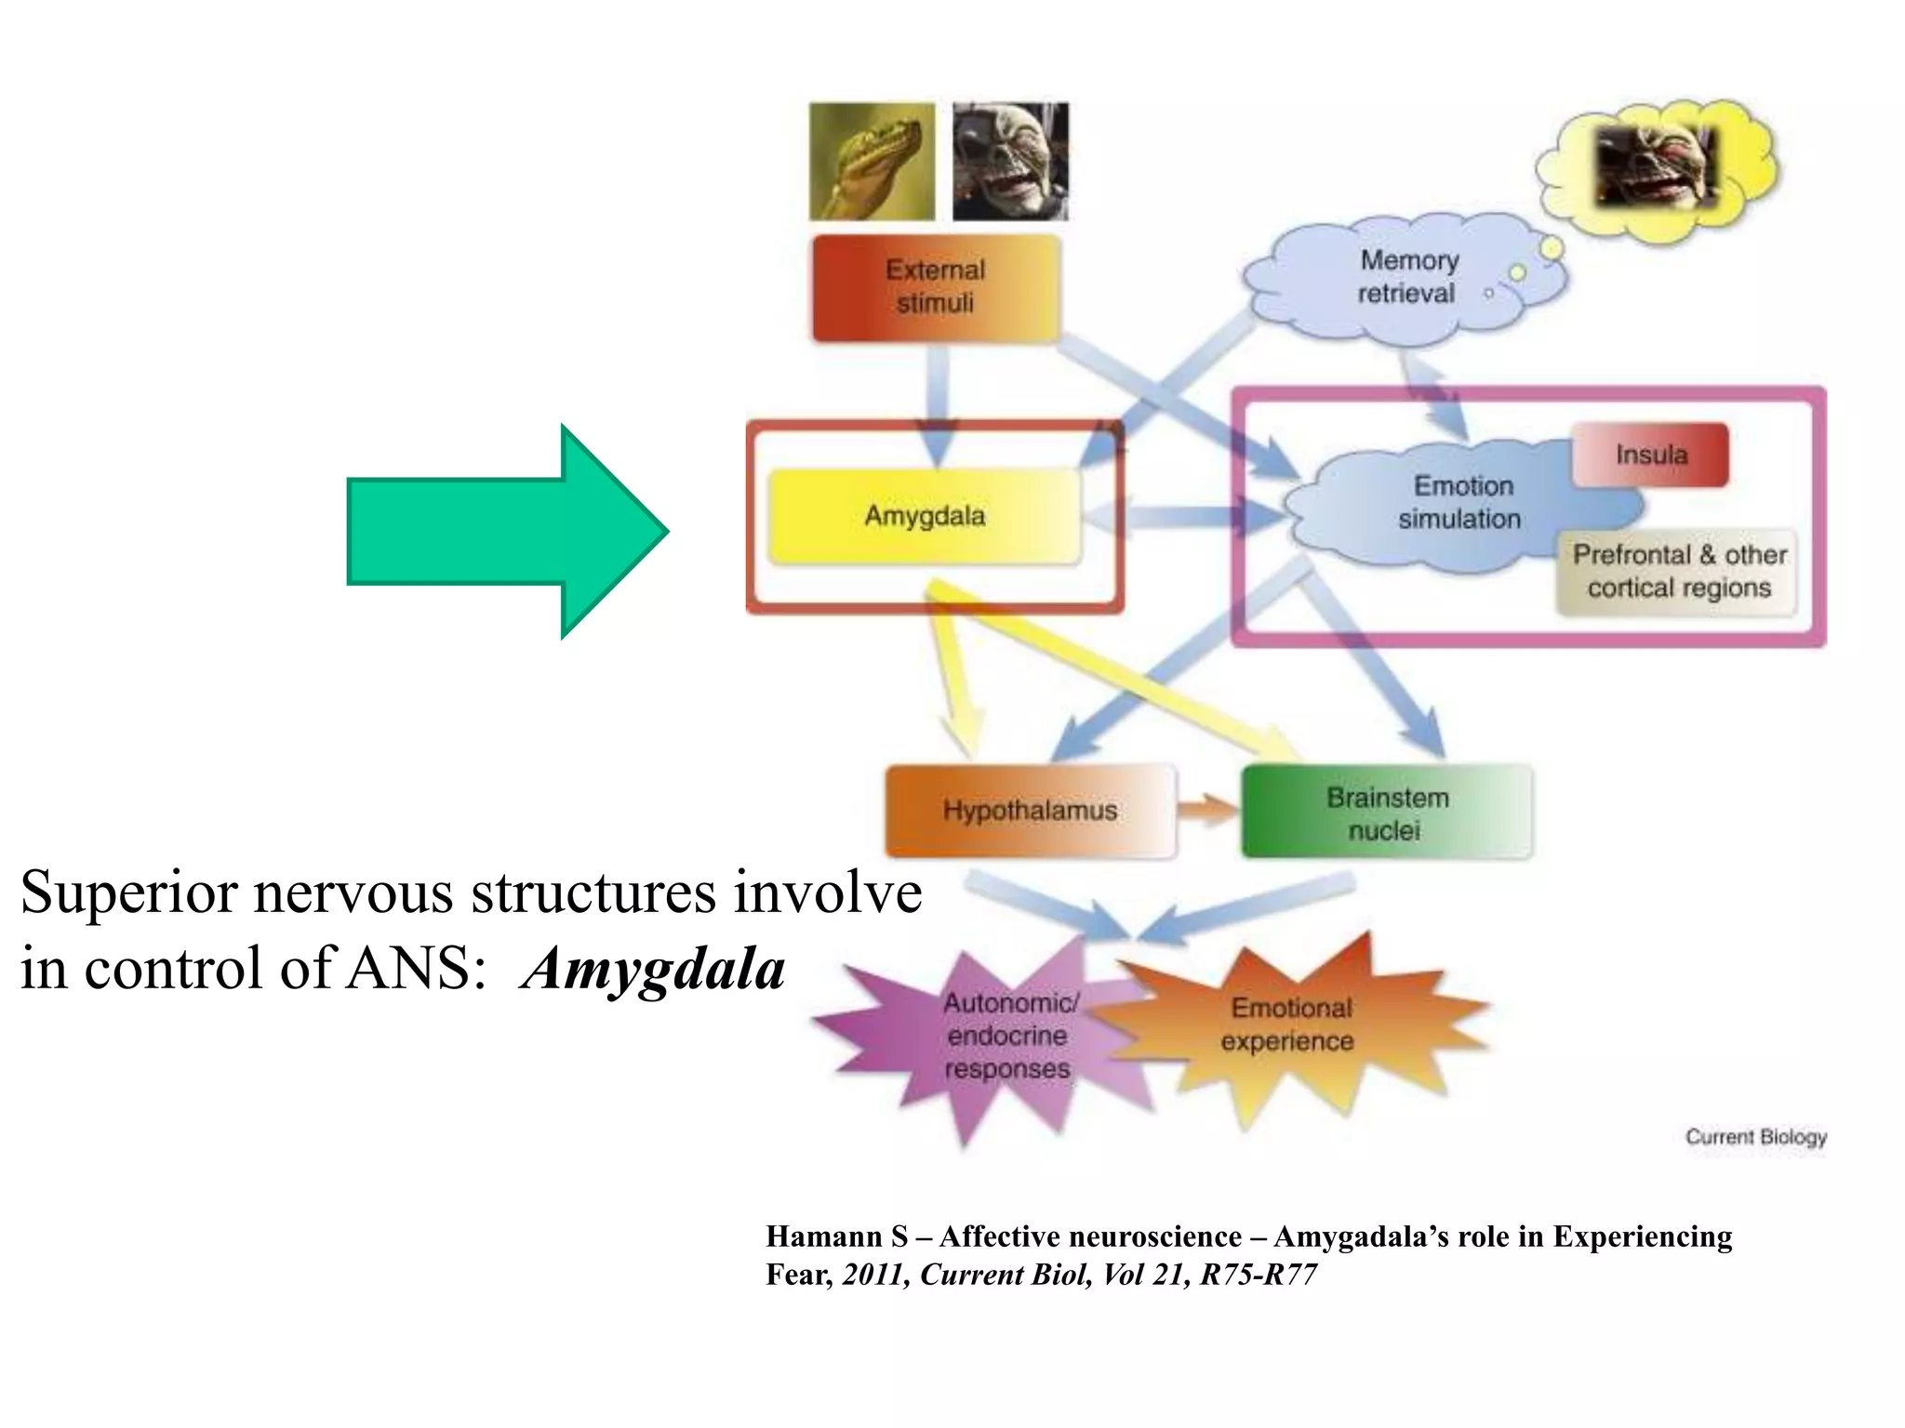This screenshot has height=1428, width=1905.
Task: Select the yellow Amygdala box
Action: pyautogui.click(x=925, y=516)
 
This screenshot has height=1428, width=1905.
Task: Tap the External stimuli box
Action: pyautogui.click(x=936, y=287)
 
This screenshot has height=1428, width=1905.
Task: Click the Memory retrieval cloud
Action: pyautogui.click(x=1406, y=277)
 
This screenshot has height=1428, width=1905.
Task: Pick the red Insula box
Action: pyautogui.click(x=1650, y=455)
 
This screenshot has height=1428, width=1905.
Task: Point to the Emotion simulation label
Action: pyautogui.click(x=1460, y=503)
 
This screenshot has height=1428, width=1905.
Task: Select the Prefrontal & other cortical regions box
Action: pyautogui.click(x=1678, y=572)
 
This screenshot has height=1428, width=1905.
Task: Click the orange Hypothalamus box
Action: pyautogui.click(x=1030, y=811)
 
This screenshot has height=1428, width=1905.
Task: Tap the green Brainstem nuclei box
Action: pyautogui.click(x=1386, y=813)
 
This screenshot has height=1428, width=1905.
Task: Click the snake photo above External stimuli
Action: pyautogui.click(x=872, y=162)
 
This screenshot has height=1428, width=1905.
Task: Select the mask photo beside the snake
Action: pyautogui.click(x=1010, y=162)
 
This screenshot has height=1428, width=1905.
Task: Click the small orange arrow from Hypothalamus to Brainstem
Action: pyautogui.click(x=1206, y=810)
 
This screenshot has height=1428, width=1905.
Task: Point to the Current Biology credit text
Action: pyautogui.click(x=1755, y=1137)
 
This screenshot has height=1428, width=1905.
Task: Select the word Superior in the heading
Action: pyautogui.click(x=129, y=893)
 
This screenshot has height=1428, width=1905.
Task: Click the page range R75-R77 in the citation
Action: pyautogui.click(x=1258, y=1275)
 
